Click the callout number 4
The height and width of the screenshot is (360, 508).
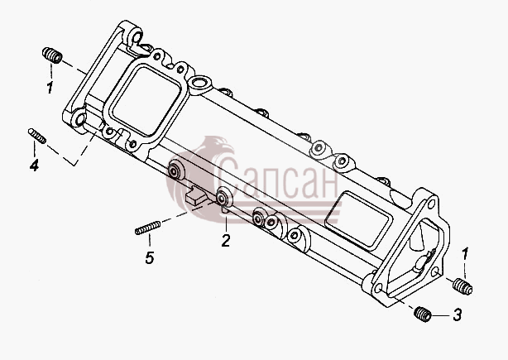pyautogui.click(x=34, y=165)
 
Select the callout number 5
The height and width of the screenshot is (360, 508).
pyautogui.click(x=150, y=258)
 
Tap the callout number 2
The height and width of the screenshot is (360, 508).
pyautogui.click(x=226, y=241)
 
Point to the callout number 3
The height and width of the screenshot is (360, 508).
pyautogui.click(x=458, y=314)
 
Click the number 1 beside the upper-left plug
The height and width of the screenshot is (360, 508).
pyautogui.click(x=50, y=88)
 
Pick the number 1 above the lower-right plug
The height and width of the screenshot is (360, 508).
pyautogui.click(x=465, y=254)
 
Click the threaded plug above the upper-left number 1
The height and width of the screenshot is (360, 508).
pyautogui.click(x=52, y=55)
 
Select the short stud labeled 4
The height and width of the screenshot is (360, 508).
pyautogui.click(x=37, y=136)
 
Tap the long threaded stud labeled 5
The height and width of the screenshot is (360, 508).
pyautogui.click(x=148, y=228)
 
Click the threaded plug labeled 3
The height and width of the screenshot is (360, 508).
pyautogui.click(x=423, y=314)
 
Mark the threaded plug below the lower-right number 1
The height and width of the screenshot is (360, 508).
pyautogui.click(x=462, y=286)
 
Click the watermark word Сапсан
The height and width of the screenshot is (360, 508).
pyautogui.click(x=279, y=178)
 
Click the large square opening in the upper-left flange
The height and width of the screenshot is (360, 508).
pyautogui.click(x=146, y=101)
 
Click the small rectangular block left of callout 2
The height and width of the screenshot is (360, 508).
pyautogui.click(x=196, y=195)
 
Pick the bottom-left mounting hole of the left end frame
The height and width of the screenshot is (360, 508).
pyautogui.click(x=79, y=119)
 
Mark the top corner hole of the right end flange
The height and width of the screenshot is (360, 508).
pyautogui.click(x=431, y=204)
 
